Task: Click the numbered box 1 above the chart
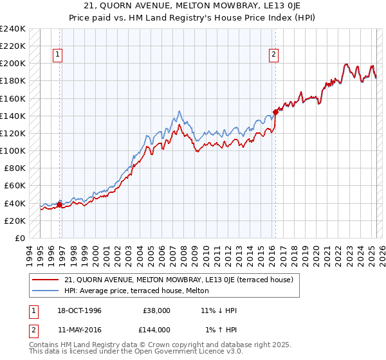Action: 57,55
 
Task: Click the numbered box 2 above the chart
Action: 273,55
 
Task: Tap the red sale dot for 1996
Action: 59,205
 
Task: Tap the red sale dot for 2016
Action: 275,112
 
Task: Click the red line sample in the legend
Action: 46,280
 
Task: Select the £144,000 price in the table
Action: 157,329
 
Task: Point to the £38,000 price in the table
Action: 157,310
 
